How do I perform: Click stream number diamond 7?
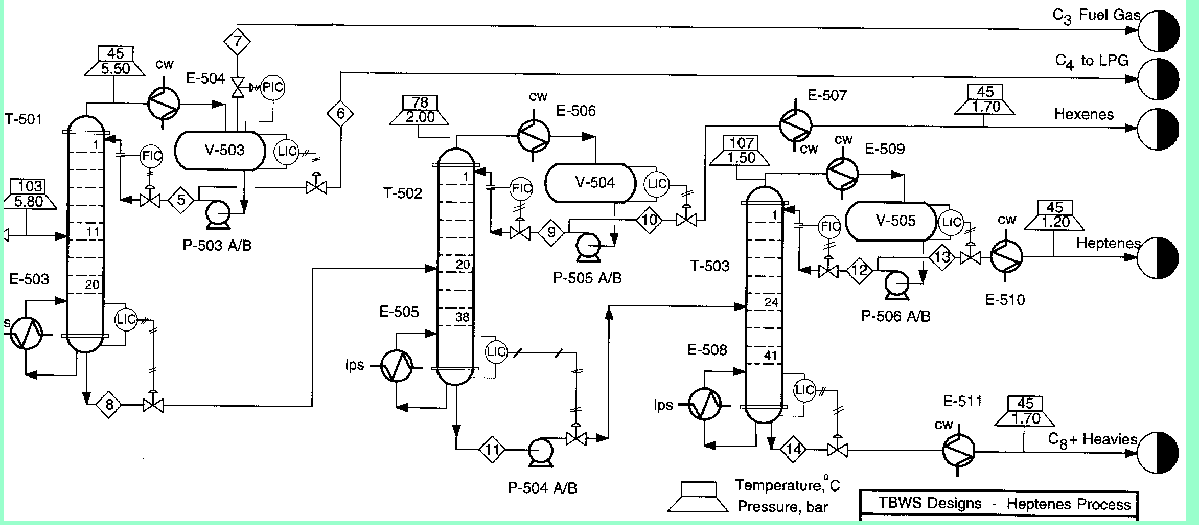238,41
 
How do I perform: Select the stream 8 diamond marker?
109,404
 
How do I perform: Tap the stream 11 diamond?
492,449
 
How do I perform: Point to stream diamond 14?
793,449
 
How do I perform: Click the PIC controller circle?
272,87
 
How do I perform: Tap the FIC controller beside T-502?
521,189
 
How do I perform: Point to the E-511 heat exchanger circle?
959,450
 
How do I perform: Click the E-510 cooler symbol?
1007,256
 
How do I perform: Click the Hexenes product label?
1084,115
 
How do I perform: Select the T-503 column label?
710,266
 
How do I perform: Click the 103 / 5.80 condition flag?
29,194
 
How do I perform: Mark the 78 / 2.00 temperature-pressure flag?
420,110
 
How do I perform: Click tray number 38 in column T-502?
462,316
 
